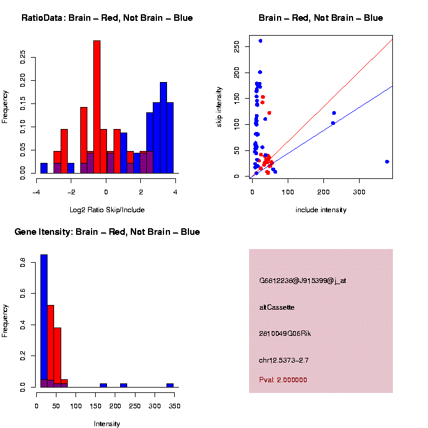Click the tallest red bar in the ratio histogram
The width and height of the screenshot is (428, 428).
point(97,107)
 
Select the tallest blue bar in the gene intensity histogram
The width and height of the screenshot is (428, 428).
point(44,315)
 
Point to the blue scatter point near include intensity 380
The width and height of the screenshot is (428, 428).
point(387,162)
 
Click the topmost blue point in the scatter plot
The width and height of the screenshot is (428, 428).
point(260,41)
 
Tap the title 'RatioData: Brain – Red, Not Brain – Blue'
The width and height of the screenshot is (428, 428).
point(107,18)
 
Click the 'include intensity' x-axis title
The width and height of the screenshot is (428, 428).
point(321,210)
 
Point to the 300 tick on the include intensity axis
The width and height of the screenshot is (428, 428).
point(359,193)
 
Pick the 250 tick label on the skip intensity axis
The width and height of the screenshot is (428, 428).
point(237,46)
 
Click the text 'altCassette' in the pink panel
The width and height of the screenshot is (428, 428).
point(277,307)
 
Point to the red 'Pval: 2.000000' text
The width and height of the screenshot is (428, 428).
point(284,380)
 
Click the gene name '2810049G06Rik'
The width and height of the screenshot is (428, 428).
point(285,333)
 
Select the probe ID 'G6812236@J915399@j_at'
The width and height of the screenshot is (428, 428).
point(303,281)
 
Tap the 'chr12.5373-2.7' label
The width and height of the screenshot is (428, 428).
point(284,360)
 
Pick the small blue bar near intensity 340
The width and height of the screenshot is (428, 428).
point(170,385)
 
